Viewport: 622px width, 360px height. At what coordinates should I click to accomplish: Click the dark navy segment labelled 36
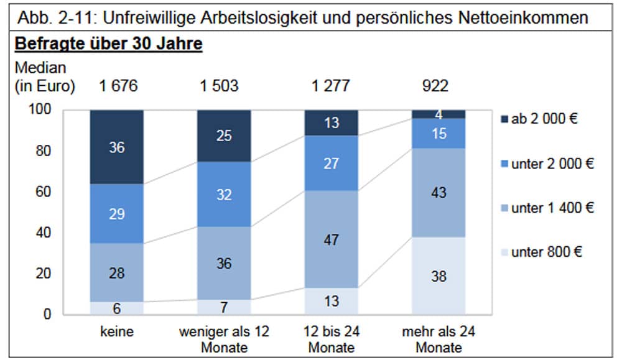[117, 147]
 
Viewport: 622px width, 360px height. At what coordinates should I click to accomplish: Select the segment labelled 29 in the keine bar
[117, 214]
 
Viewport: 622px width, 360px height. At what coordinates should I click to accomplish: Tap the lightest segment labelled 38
[439, 276]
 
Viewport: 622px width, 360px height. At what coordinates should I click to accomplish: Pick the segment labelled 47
[332, 239]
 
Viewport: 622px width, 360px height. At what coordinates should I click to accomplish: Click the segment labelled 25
[225, 136]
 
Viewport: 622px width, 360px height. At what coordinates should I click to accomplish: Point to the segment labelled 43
[439, 193]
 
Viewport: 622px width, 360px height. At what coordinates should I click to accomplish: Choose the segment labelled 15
[439, 133]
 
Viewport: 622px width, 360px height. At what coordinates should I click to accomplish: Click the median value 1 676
[118, 86]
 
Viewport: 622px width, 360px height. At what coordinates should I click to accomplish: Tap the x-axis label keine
[117, 331]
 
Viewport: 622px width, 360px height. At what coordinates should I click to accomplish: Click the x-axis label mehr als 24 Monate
[439, 339]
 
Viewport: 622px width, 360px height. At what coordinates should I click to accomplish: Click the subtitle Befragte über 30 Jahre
[108, 45]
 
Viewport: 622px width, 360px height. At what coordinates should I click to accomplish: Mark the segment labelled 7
[225, 307]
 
